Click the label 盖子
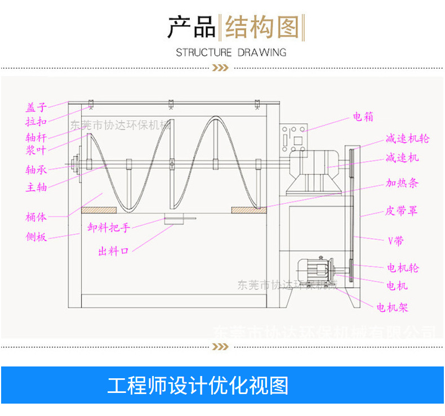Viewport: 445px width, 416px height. [36, 107]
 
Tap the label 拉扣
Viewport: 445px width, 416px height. [36, 122]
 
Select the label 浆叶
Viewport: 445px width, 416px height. [36, 150]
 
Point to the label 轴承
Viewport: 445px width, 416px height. [36, 169]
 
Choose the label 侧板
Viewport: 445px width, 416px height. [36, 237]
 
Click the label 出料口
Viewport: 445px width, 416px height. [114, 252]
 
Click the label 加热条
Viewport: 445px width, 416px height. [402, 184]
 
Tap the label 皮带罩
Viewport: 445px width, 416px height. [401, 211]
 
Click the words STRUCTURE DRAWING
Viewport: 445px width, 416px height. [231, 53]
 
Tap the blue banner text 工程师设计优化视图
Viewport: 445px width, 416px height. [198, 386]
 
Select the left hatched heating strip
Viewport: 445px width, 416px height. [99, 210]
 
